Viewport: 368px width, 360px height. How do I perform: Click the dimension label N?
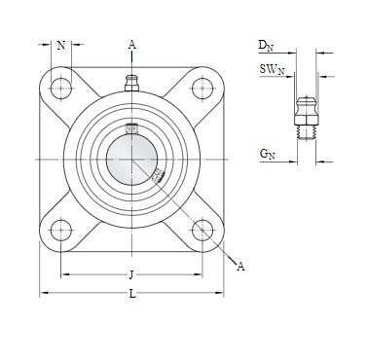click(61, 46)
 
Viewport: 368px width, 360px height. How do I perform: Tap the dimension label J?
click(131, 275)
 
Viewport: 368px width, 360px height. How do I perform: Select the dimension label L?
click(132, 294)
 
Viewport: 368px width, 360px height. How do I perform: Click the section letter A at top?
click(131, 45)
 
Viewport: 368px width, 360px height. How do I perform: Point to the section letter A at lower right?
click(240, 267)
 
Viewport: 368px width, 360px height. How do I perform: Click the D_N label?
click(266, 46)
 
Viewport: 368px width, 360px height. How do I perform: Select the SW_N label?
click(272, 70)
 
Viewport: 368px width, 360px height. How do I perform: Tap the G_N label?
click(267, 154)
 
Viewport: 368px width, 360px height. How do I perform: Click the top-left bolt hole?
click(61, 88)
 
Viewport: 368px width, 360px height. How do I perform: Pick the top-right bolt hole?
click(202, 88)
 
